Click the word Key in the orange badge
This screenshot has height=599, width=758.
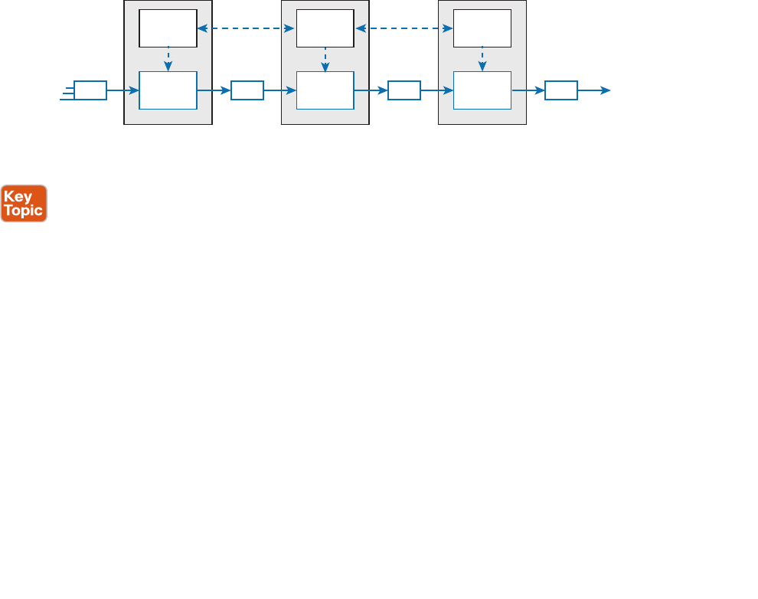(x=18, y=196)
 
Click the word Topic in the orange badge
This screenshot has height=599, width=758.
(x=24, y=211)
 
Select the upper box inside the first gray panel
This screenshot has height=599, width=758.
(x=168, y=28)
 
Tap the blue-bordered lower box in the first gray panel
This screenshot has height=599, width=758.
(x=168, y=90)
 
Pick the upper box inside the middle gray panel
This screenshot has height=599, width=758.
(x=325, y=28)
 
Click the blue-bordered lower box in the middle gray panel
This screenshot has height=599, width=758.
(x=325, y=90)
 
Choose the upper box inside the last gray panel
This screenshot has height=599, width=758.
(x=482, y=28)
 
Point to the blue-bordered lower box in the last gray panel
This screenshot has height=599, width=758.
(x=482, y=90)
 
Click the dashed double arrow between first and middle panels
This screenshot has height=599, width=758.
(x=247, y=29)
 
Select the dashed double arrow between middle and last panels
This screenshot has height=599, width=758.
(x=404, y=29)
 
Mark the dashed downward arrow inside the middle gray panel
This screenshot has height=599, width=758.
(x=325, y=59)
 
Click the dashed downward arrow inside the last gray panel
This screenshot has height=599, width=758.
(x=482, y=59)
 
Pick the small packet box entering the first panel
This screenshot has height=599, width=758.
(x=90, y=90)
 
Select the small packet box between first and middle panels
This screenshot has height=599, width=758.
(x=247, y=90)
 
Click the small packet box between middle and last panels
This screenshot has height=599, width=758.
(x=404, y=90)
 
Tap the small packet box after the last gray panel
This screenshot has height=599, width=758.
(x=561, y=90)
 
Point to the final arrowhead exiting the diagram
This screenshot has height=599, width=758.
(x=606, y=90)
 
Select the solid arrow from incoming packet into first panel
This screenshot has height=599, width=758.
(x=123, y=90)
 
